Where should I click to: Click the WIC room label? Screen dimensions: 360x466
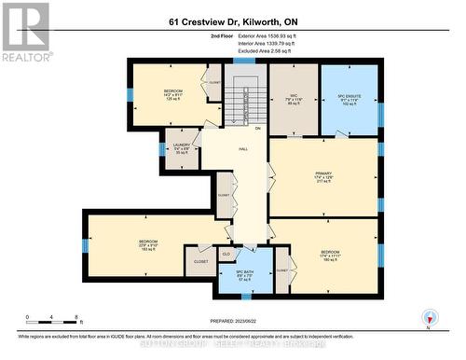click(x=294, y=95)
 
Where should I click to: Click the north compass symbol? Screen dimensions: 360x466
click(x=429, y=318)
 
